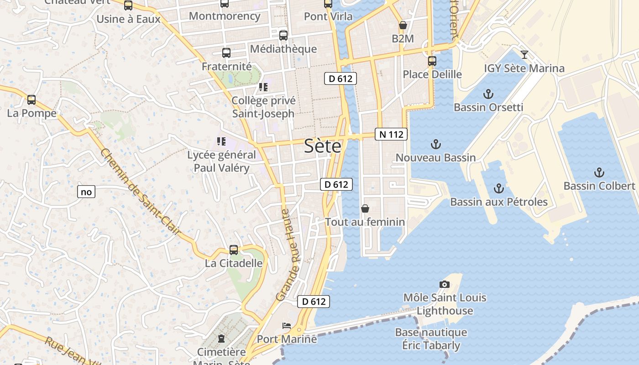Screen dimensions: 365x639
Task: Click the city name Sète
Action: click(323, 146)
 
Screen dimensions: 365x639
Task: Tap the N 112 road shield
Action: click(391, 134)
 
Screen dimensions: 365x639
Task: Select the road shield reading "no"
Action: click(86, 192)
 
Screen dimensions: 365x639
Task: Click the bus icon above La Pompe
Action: click(31, 99)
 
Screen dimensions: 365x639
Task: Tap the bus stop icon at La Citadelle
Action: click(234, 250)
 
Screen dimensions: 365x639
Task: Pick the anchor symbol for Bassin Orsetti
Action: click(488, 94)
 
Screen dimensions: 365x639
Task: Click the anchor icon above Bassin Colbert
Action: click(599, 172)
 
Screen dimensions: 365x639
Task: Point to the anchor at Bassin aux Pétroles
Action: click(499, 188)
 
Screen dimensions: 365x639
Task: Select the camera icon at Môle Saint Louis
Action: click(445, 284)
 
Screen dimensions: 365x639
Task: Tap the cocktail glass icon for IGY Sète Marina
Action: click(524, 55)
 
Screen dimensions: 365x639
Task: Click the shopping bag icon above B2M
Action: click(403, 26)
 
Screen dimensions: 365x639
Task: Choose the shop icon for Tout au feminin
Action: click(365, 209)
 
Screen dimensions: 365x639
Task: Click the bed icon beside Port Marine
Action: click(287, 326)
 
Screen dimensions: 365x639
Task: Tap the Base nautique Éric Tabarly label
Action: click(431, 339)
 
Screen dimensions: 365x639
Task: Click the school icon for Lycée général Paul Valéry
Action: click(221, 141)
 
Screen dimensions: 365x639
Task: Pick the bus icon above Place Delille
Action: click(432, 61)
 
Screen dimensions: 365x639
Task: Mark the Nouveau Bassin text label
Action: click(435, 158)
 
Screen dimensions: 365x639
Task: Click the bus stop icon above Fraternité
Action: click(226, 52)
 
